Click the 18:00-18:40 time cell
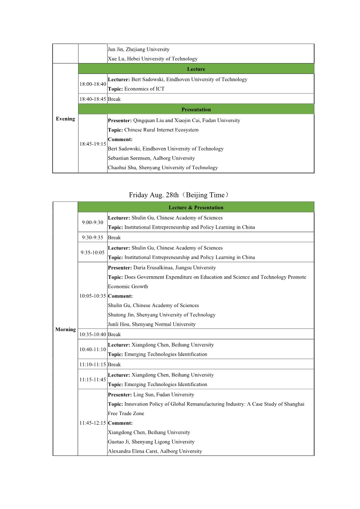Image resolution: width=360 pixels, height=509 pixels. pos(93,84)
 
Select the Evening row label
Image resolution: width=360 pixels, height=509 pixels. pos(65,119)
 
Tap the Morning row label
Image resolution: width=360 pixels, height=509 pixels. pos(65,329)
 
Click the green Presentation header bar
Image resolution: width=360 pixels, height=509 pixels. pos(196,109)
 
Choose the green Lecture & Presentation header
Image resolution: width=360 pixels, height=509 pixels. pos(196,207)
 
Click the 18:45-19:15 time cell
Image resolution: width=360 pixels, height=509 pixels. pos(93,144)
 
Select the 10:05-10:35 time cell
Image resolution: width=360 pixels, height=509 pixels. pos(93,296)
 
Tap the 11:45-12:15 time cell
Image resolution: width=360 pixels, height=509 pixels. pos(93,423)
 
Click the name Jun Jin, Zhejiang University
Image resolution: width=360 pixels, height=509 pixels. pos(138,49)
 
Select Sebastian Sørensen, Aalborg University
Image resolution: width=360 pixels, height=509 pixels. pos(151,158)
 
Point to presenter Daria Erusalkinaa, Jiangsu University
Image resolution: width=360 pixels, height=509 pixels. pos(162,268)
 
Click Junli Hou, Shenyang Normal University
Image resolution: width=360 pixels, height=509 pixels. pos(152,324)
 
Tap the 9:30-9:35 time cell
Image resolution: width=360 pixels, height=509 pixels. pos(93,237)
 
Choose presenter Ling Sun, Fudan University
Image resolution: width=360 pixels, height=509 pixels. pos(151,395)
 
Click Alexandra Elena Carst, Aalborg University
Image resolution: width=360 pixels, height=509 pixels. pos(155,451)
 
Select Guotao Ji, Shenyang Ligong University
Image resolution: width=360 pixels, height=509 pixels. pos(151,441)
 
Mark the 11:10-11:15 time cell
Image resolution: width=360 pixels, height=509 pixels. pos(93,364)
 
